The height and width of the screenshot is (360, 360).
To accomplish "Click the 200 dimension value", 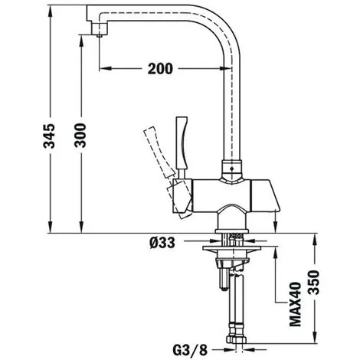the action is (x=160, y=68).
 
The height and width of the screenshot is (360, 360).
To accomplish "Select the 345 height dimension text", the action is (x=49, y=136).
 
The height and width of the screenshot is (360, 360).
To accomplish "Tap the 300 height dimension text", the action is (x=80, y=136).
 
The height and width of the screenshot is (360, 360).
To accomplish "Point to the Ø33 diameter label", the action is (x=162, y=242).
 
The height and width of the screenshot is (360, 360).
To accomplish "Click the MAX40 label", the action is (x=296, y=304).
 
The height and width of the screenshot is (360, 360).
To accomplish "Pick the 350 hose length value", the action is (x=314, y=283).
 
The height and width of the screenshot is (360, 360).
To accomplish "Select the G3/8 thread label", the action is (x=190, y=350).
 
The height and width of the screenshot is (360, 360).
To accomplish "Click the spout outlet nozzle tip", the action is (x=100, y=35).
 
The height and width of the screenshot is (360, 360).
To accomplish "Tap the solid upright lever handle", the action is (x=182, y=148).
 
